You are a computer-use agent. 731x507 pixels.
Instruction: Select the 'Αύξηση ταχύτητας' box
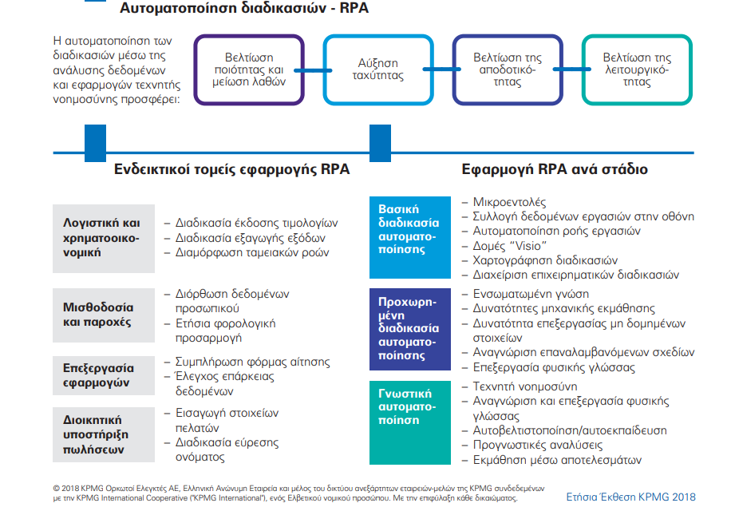[x=377, y=69]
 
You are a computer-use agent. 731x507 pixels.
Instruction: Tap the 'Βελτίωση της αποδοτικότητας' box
[x=507, y=69]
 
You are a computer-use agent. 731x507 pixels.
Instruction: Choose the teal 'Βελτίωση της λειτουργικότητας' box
[x=636, y=69]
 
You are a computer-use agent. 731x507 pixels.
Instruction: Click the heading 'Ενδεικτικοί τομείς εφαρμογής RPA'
[x=231, y=170]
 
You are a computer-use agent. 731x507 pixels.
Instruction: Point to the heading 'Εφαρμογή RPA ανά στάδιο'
[x=555, y=170]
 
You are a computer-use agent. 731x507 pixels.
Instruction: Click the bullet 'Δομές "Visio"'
[x=510, y=246]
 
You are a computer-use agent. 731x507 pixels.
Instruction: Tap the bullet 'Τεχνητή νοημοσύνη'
[x=526, y=386]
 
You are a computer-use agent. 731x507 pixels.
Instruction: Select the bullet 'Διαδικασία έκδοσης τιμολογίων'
[x=257, y=224]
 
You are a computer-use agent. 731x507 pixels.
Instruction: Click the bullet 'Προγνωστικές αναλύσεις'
[x=538, y=446]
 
